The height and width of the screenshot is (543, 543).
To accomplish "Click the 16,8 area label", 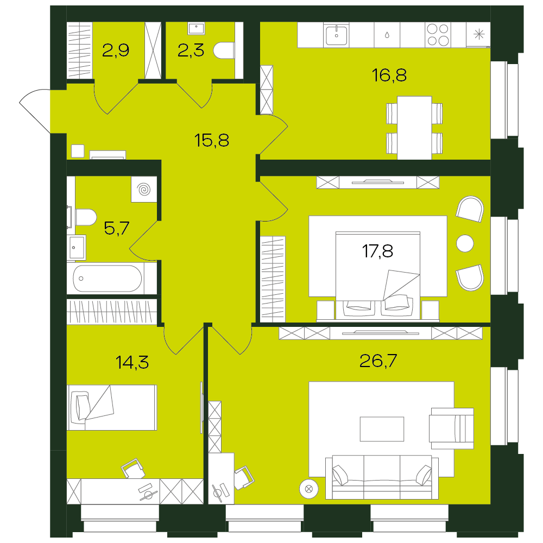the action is [x=389, y=75].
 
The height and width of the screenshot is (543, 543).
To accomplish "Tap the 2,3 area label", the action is [x=191, y=50].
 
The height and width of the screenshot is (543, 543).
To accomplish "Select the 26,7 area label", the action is [x=378, y=361].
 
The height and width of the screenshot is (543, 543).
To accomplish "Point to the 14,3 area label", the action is [x=132, y=362].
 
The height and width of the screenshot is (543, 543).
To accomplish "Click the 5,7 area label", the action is [x=117, y=228].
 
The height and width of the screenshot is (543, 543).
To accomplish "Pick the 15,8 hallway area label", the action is [x=212, y=140].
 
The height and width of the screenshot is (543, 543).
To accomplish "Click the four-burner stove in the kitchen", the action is [x=438, y=35].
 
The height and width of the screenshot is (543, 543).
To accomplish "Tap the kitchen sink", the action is [x=336, y=35].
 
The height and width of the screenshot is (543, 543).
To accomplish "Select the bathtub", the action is [x=108, y=279].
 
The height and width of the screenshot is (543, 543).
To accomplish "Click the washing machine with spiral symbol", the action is [x=144, y=190].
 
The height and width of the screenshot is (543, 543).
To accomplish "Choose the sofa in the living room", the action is [x=382, y=477].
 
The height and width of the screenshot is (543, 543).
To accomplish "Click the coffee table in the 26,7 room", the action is [x=382, y=429].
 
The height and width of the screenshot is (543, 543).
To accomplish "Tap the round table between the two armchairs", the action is [x=465, y=243].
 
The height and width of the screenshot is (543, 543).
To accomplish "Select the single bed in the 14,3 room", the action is [x=112, y=408].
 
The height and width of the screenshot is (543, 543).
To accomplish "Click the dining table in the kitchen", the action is [x=414, y=128].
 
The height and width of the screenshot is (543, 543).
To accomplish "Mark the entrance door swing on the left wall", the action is [x=35, y=110].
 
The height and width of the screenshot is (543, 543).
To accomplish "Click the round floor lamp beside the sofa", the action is [x=309, y=489].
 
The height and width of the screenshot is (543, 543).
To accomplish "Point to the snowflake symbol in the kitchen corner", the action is [x=479, y=34].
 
